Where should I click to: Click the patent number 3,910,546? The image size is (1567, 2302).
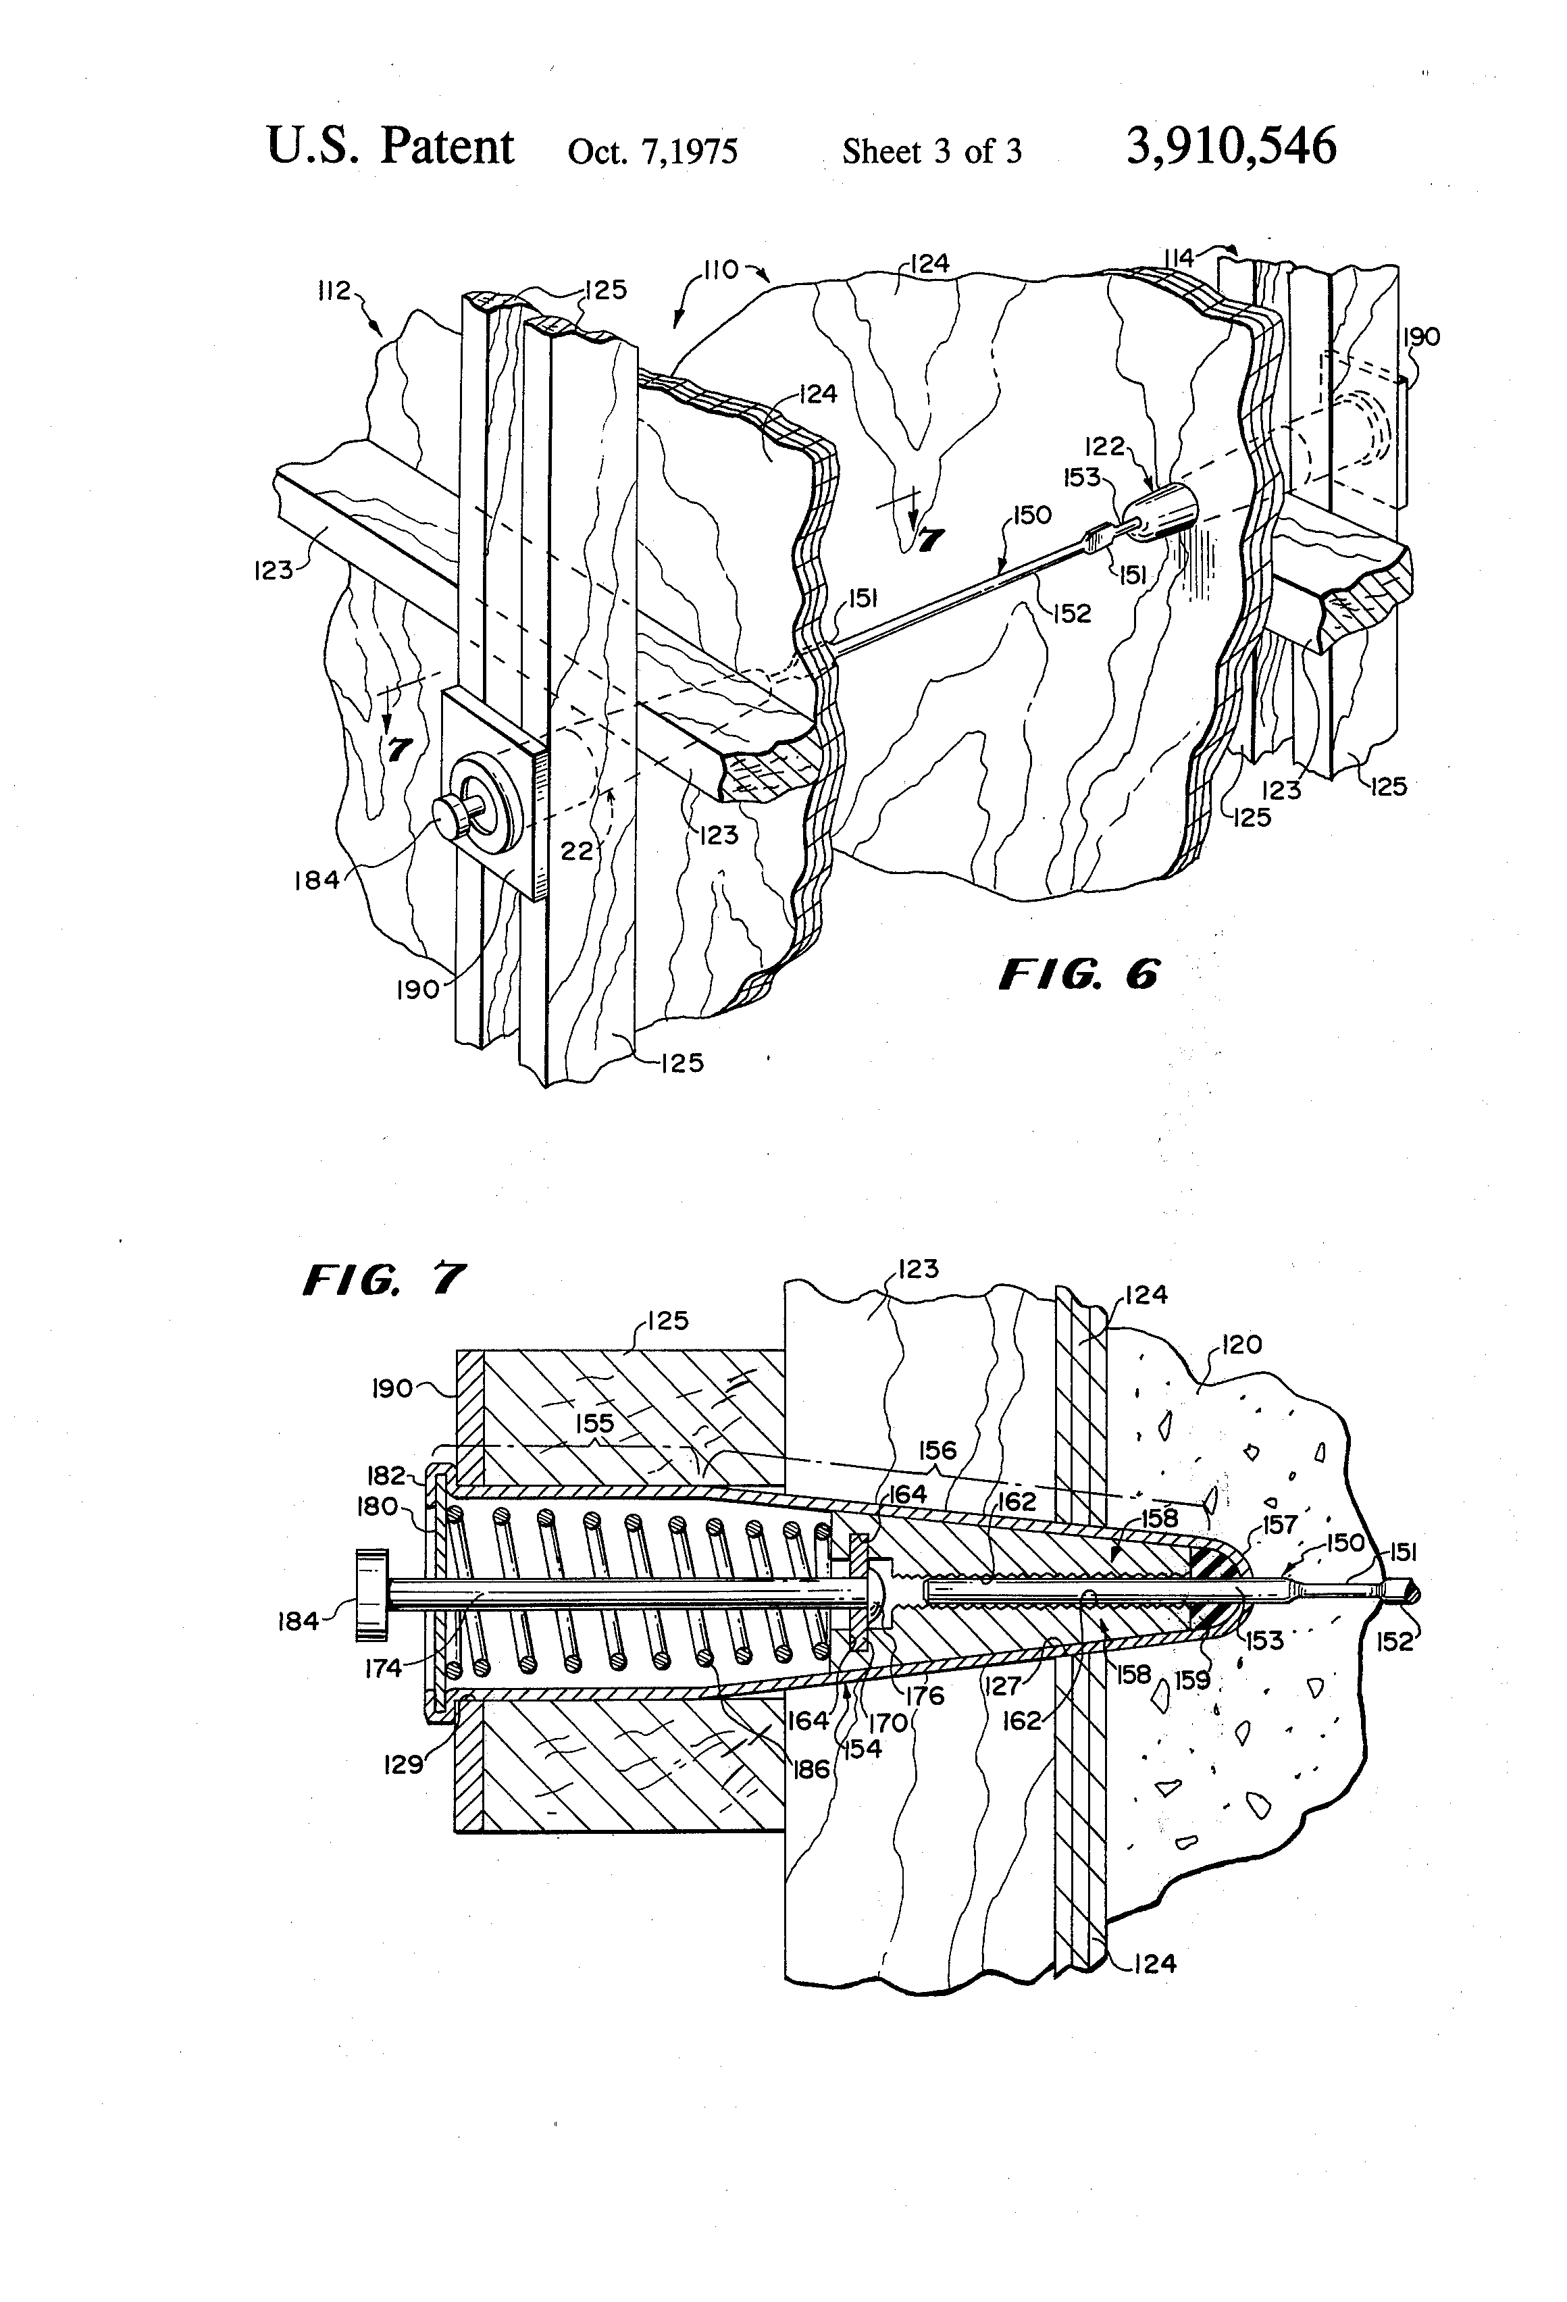pyautogui.click(x=1231, y=146)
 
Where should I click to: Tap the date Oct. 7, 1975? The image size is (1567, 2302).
pyautogui.click(x=652, y=151)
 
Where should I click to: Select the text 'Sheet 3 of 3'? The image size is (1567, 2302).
pyautogui.click(x=932, y=151)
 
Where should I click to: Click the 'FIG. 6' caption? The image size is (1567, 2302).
pyautogui.click(x=1078, y=975)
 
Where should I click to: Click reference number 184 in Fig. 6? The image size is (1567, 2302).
pyautogui.click(x=317, y=879)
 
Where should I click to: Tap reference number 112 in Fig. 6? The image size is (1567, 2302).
pyautogui.click(x=335, y=290)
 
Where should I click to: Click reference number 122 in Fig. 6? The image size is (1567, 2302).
pyautogui.click(x=1104, y=446)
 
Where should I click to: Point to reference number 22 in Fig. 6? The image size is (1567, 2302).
pyautogui.click(x=577, y=850)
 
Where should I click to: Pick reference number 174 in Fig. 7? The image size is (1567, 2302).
pyautogui.click(x=384, y=1668)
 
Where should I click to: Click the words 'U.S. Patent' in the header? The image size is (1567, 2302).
pyautogui.click(x=390, y=147)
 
